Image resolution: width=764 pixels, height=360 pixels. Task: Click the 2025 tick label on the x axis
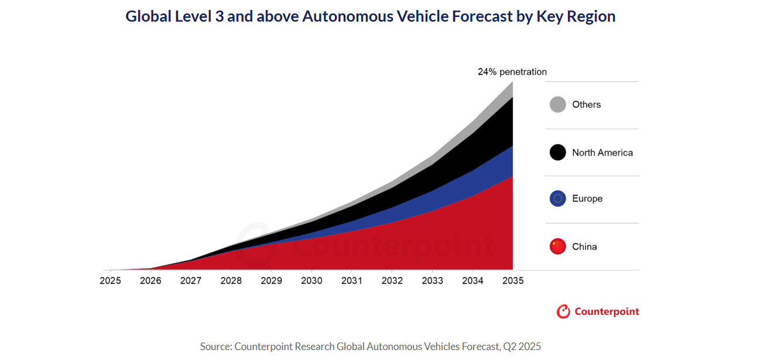(110, 281)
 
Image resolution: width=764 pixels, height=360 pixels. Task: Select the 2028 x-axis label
(231, 281)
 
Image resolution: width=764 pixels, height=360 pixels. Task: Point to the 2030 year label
(311, 281)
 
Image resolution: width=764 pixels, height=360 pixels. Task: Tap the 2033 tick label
(432, 281)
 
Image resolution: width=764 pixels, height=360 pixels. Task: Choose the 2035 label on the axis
(513, 281)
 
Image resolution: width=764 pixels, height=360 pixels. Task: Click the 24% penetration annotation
(512, 72)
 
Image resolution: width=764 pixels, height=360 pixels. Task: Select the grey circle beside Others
(558, 105)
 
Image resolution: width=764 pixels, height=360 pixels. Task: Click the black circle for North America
(558, 153)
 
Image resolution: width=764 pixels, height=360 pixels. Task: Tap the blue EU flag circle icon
(558, 199)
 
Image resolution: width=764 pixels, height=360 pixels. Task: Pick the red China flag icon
(558, 246)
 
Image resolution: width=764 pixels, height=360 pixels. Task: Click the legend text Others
(587, 105)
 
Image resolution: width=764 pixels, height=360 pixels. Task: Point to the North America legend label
(602, 153)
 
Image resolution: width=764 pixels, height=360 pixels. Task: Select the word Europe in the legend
(587, 199)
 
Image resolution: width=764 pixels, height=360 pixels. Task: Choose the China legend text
(585, 246)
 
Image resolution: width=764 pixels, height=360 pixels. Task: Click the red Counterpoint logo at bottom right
(598, 311)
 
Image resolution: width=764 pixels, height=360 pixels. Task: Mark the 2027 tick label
(191, 281)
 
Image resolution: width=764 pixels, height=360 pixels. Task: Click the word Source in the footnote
(215, 346)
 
